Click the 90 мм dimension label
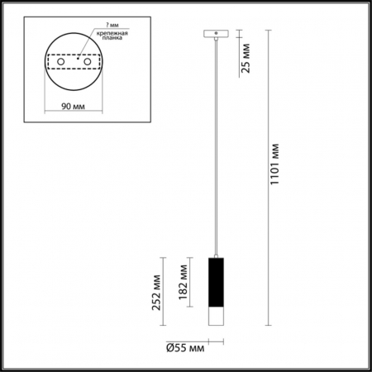(75, 105)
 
